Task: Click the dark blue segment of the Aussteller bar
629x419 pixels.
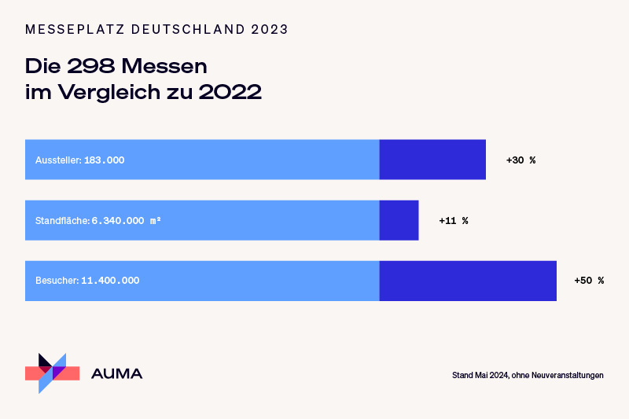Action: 432,160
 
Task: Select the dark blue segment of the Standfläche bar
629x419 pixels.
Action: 399,220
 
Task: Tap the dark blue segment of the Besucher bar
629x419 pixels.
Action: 468,281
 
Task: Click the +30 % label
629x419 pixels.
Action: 521,160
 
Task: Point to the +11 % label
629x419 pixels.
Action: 454,220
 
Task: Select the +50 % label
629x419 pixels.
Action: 589,281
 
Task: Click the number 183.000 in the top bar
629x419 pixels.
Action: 105,160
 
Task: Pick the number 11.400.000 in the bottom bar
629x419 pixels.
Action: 110,281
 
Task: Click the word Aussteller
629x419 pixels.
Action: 58,160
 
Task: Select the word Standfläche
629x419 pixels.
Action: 62,221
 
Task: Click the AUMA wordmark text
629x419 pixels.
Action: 117,373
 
